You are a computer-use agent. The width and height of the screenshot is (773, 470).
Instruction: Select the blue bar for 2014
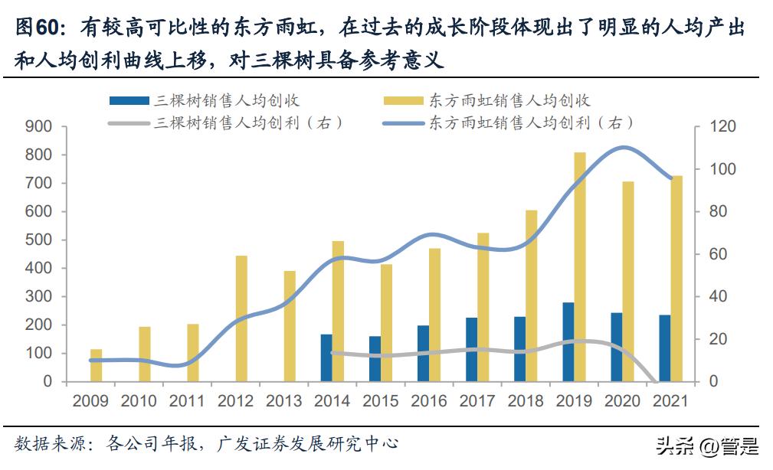(x=326, y=357)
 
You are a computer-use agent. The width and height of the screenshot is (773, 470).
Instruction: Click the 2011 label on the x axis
(x=187, y=401)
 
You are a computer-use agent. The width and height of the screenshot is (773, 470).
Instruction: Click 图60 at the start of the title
(x=35, y=28)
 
